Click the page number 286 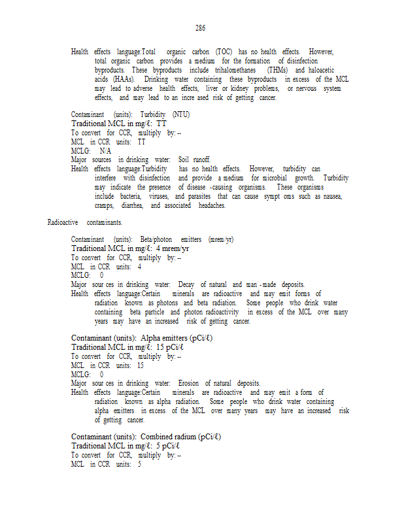[x=200, y=28]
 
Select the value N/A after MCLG [x=105, y=150]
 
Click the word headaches [x=211, y=205]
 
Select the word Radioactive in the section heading [x=63, y=222]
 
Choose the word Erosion [x=190, y=383]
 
